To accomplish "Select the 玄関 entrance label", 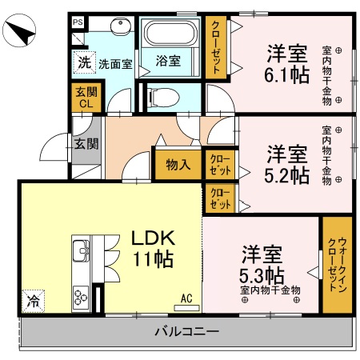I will point(86,144).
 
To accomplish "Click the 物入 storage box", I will point(178,165).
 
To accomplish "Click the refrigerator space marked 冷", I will point(33,302).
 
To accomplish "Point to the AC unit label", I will point(186,298).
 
